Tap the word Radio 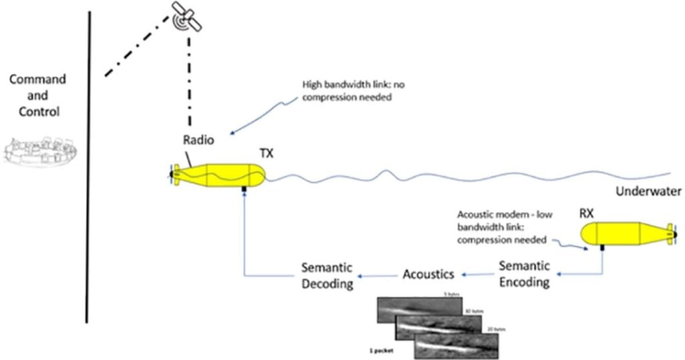click(199, 141)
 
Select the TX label click(266, 154)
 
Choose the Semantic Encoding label click(524, 274)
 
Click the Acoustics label click(428, 274)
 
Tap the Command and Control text click(37, 95)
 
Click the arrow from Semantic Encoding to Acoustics click(478, 274)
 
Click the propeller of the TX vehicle click(171, 175)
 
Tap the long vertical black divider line click(88, 167)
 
